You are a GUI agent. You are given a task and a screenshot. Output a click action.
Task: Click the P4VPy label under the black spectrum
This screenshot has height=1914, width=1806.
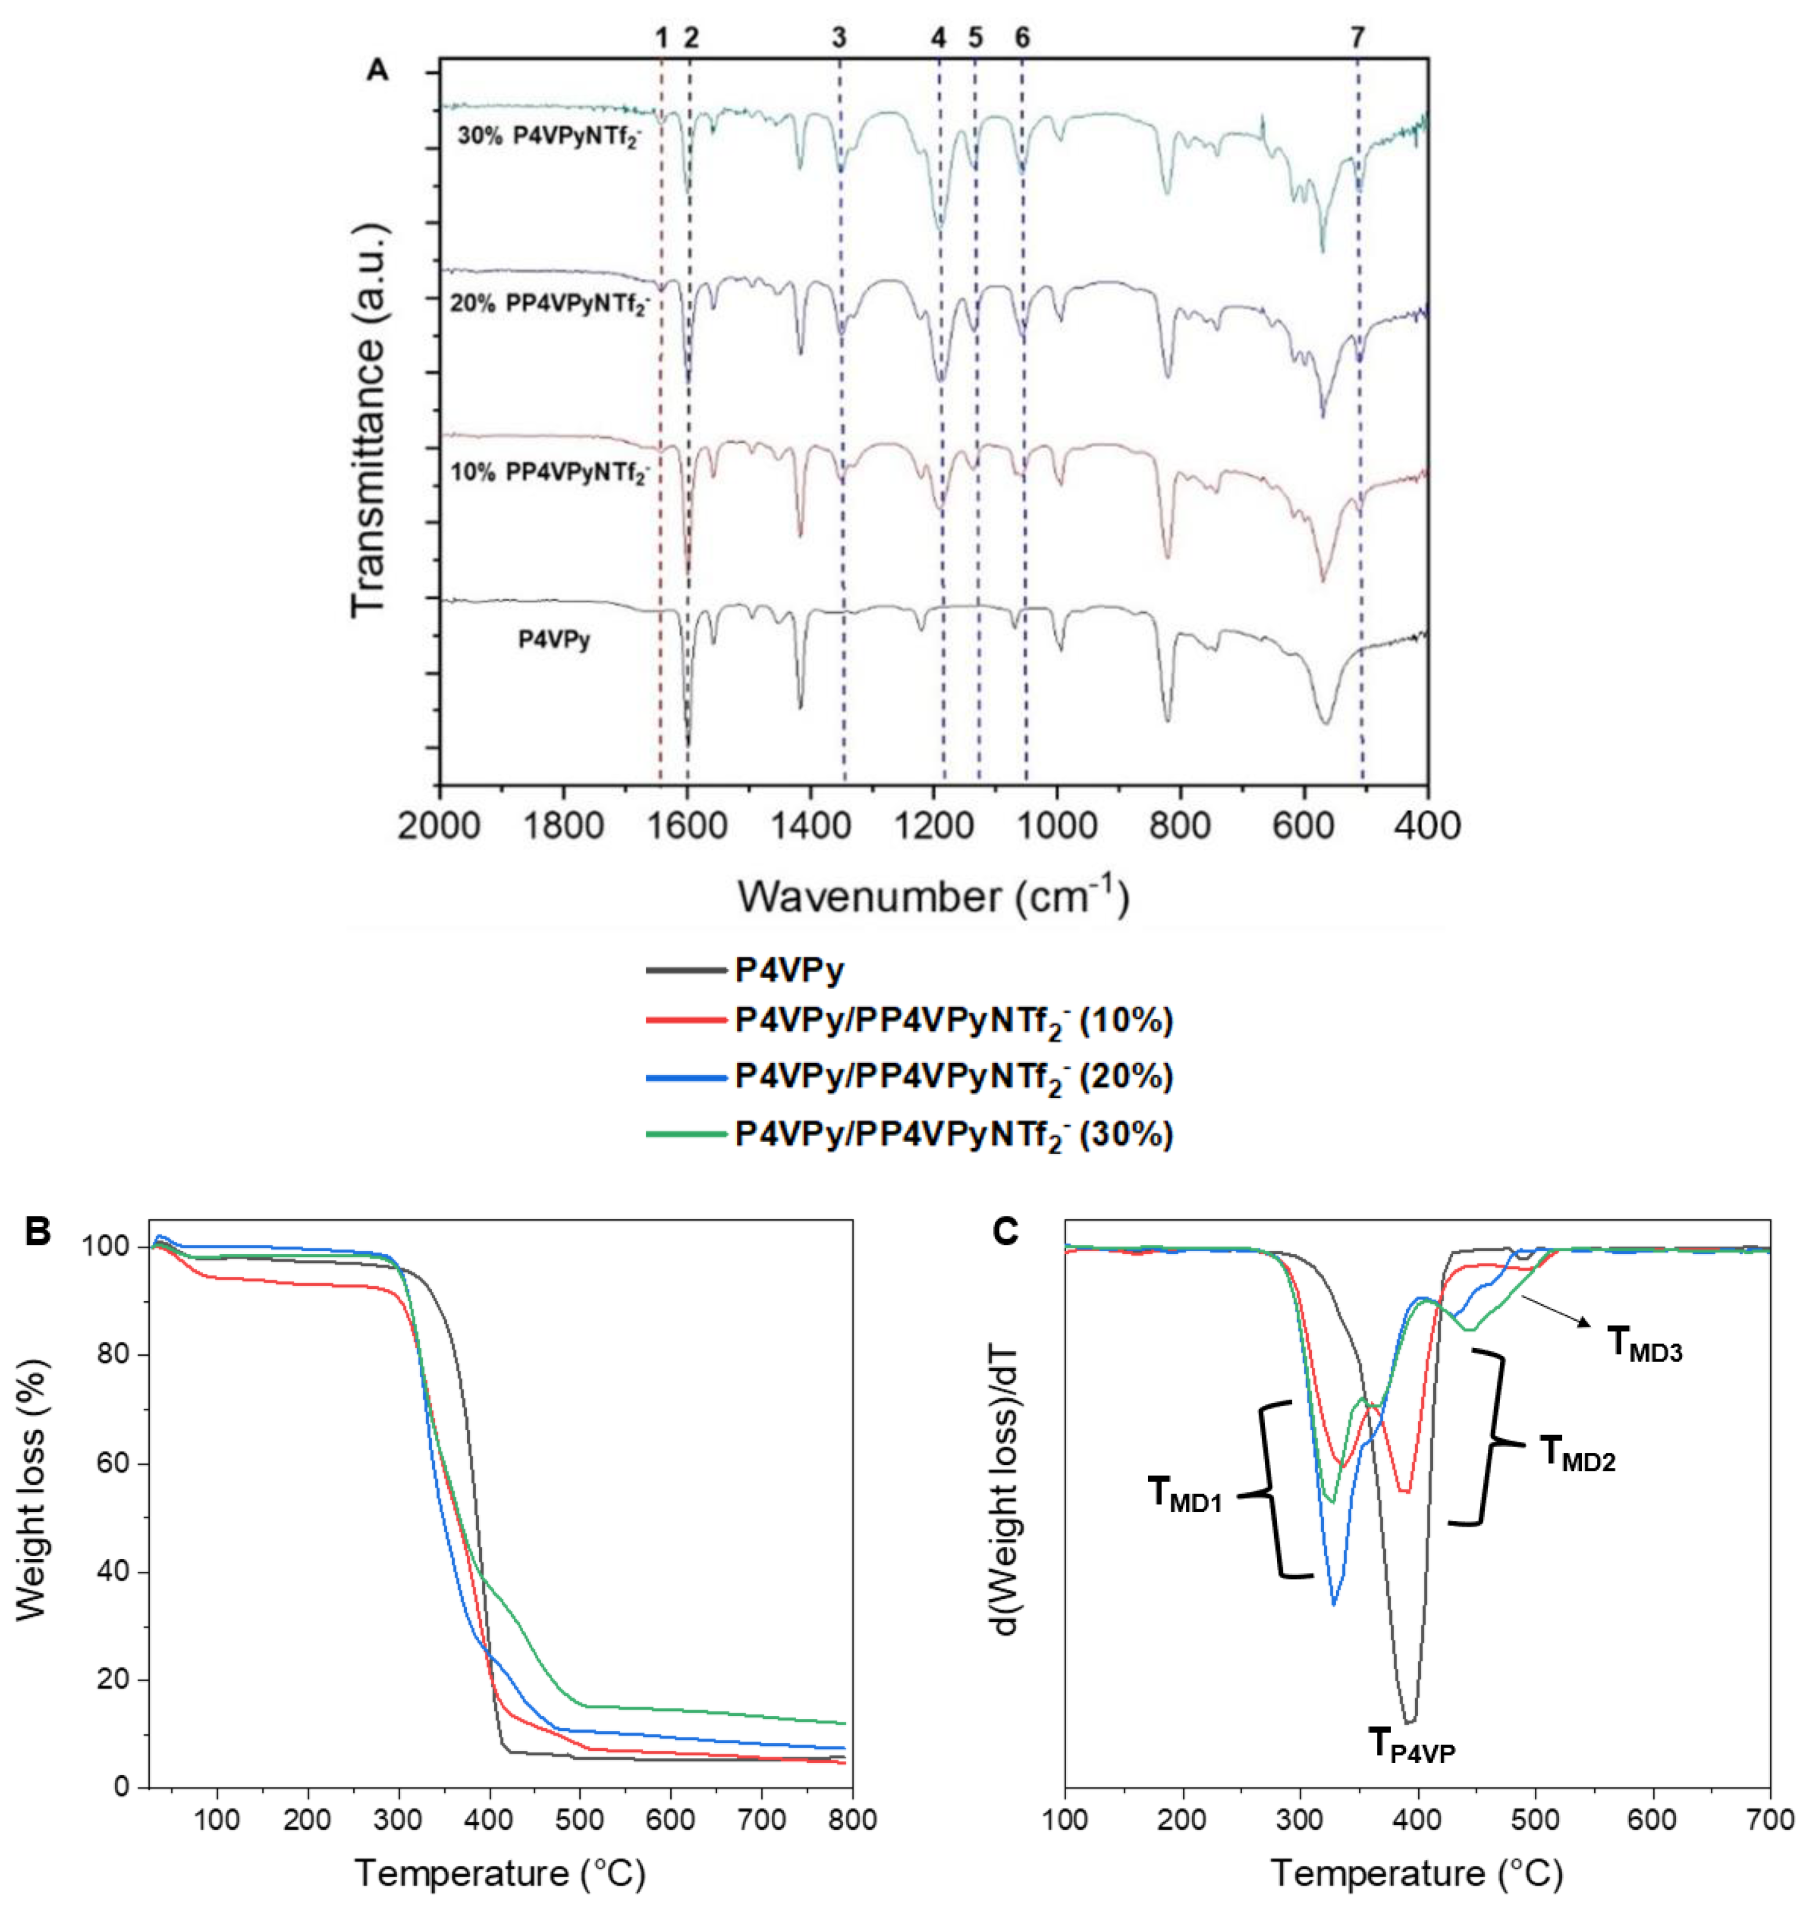[x=553, y=640]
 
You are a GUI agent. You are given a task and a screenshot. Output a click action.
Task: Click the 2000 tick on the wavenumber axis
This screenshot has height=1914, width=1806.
[x=439, y=826]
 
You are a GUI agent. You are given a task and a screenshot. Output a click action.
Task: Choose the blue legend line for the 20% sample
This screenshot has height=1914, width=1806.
[x=685, y=1078]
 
